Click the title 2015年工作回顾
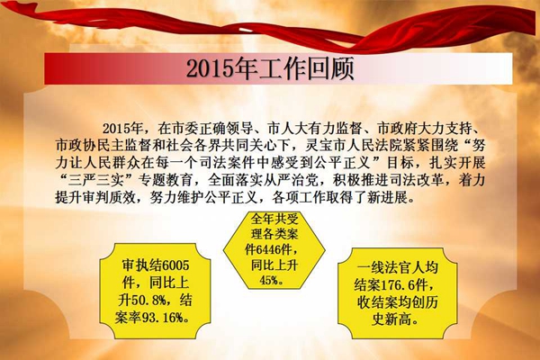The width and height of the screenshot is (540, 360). click(270, 69)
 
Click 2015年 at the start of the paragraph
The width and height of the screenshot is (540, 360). click(122, 129)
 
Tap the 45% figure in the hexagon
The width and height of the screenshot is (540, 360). click(269, 281)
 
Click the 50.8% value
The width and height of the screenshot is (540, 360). click(148, 301)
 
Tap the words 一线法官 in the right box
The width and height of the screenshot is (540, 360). click(383, 267)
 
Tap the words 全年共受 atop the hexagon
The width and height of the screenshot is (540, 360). click(274, 219)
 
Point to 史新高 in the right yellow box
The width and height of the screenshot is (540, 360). click(391, 320)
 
